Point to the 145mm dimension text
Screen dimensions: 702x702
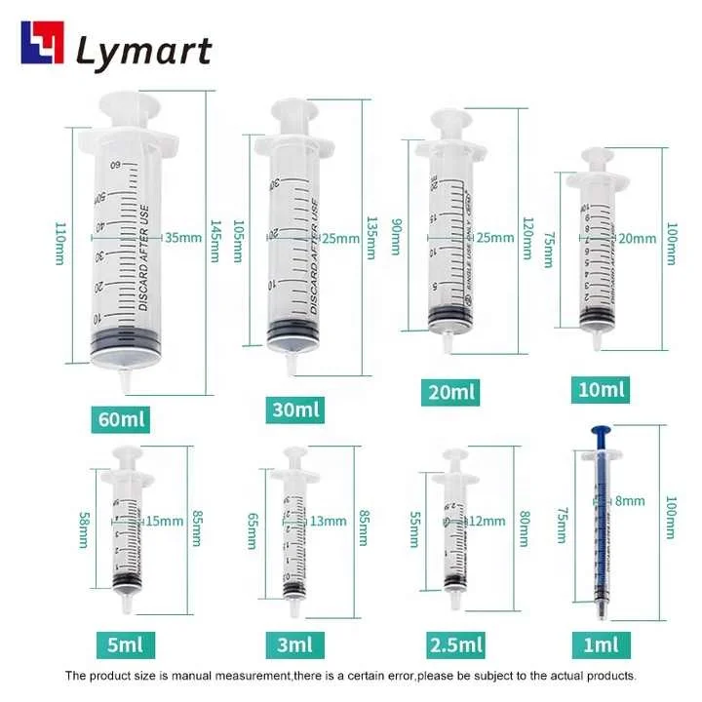(x=215, y=242)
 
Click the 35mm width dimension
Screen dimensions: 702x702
(x=182, y=237)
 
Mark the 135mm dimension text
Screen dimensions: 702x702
(x=370, y=237)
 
